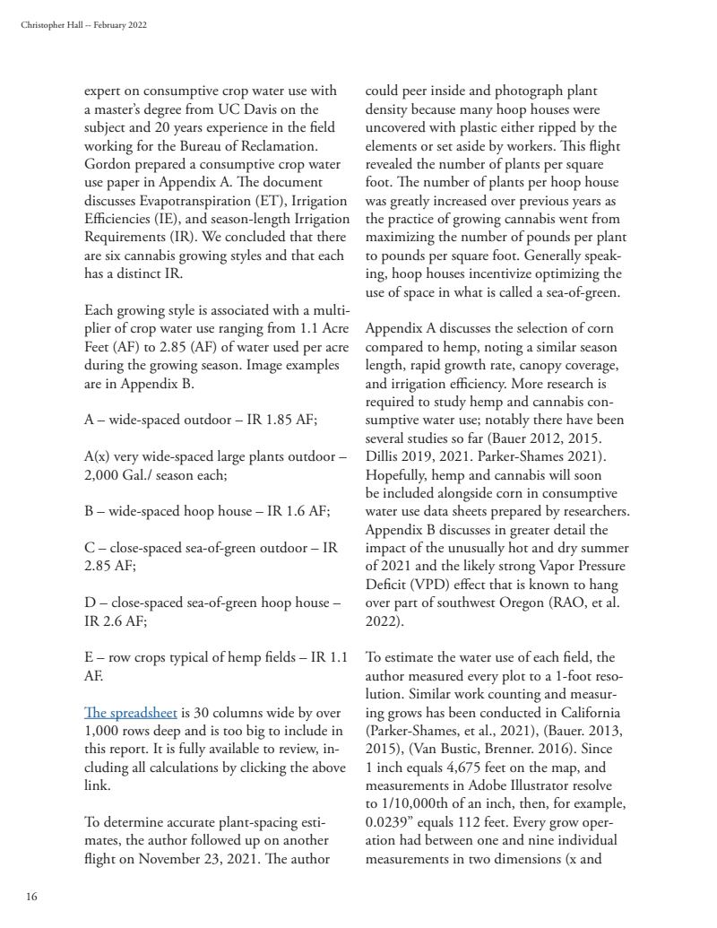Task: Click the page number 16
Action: pos(31,896)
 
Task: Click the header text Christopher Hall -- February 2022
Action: pos(83,24)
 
